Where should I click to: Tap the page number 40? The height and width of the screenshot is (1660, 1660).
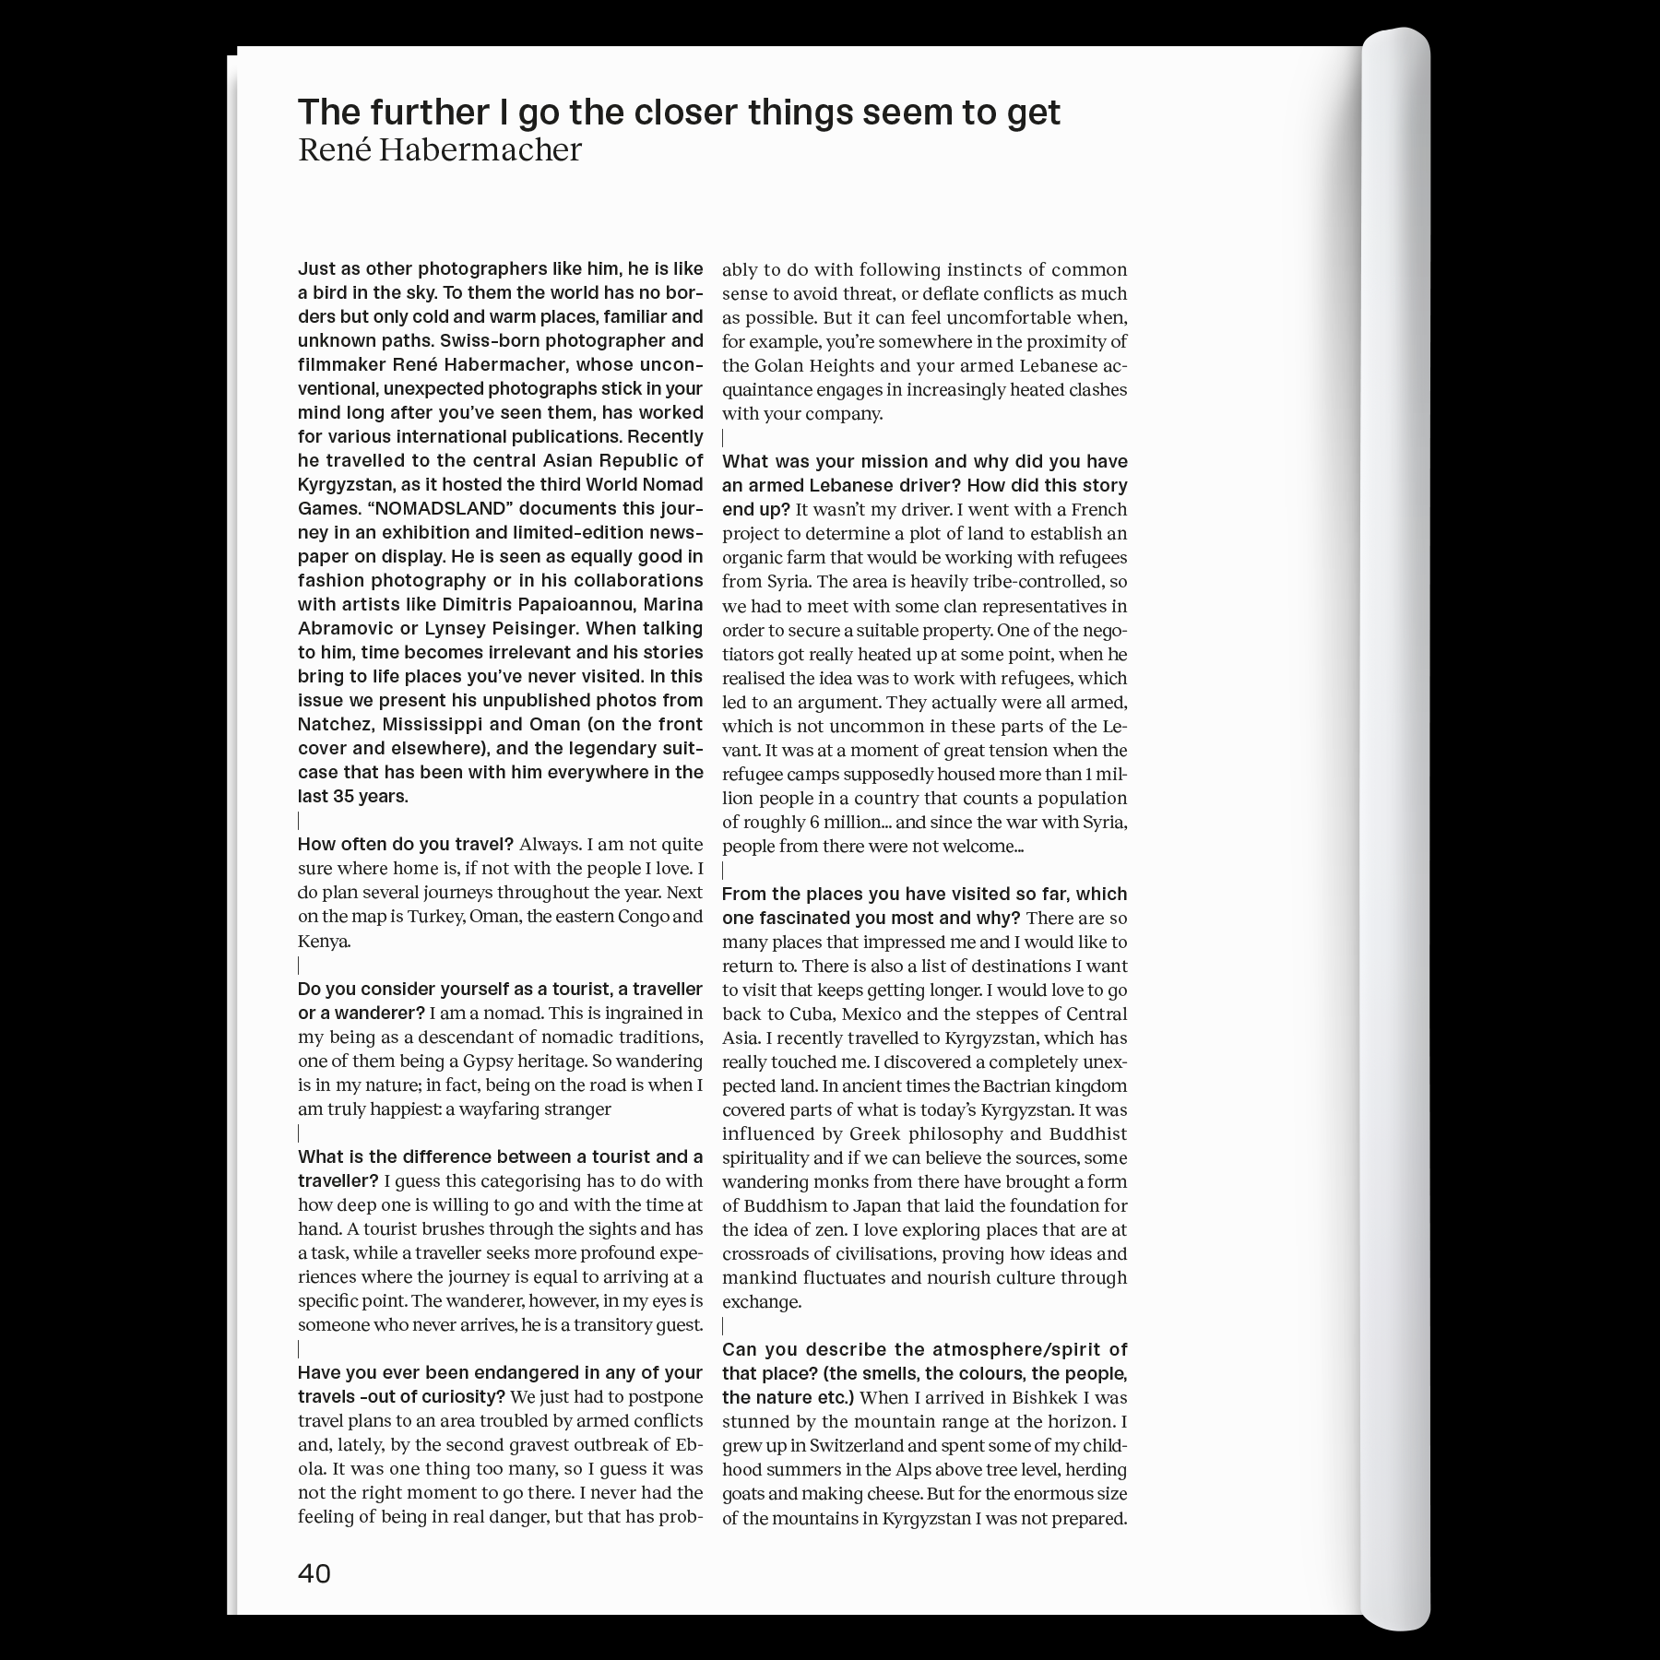tap(314, 1572)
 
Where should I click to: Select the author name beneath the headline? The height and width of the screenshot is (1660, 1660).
tap(440, 149)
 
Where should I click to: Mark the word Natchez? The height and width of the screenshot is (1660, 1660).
tap(335, 724)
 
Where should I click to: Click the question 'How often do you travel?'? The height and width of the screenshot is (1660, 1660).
tap(406, 844)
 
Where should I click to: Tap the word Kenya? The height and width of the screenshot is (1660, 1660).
tap(322, 941)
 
